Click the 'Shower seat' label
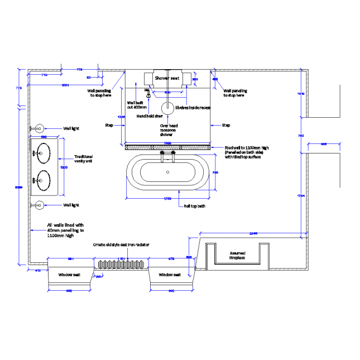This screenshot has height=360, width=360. [x=167, y=79]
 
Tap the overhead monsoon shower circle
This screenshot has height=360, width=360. [x=167, y=108]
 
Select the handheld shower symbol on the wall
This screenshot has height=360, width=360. [x=148, y=95]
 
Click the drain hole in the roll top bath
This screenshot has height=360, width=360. [x=168, y=172]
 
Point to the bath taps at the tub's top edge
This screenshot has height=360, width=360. [x=168, y=157]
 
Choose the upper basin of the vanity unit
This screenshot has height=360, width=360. [x=44, y=151]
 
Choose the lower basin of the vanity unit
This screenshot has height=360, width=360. [x=44, y=180]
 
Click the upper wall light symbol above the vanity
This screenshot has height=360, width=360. [x=40, y=128]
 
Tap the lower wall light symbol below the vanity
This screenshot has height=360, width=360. [x=40, y=205]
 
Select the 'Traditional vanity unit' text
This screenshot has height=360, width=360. [x=83, y=159]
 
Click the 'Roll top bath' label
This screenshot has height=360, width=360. [x=195, y=207]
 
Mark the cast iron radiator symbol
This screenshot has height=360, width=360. [x=121, y=265]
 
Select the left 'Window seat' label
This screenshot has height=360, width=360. [x=69, y=275]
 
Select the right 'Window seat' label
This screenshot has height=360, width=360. [x=169, y=275]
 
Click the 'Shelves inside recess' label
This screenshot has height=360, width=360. [x=193, y=108]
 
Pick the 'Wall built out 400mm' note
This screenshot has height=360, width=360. [x=137, y=105]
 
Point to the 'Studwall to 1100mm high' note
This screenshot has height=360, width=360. [x=246, y=148]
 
